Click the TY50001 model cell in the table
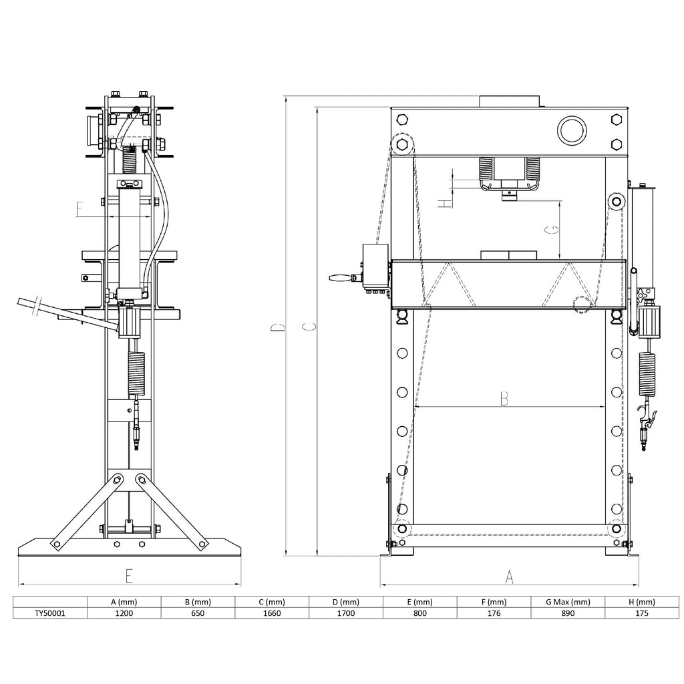click(50, 613)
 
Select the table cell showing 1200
click(124, 613)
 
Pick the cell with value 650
click(198, 613)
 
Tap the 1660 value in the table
click(272, 613)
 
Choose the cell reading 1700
click(346, 613)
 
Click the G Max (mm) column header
click(568, 602)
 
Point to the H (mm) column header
click(642, 602)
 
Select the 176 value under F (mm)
click(494, 613)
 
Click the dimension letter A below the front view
click(509, 577)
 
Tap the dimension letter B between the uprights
click(504, 399)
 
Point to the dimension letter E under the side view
click(129, 576)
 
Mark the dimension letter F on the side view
click(79, 209)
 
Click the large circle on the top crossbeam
click(572, 130)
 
